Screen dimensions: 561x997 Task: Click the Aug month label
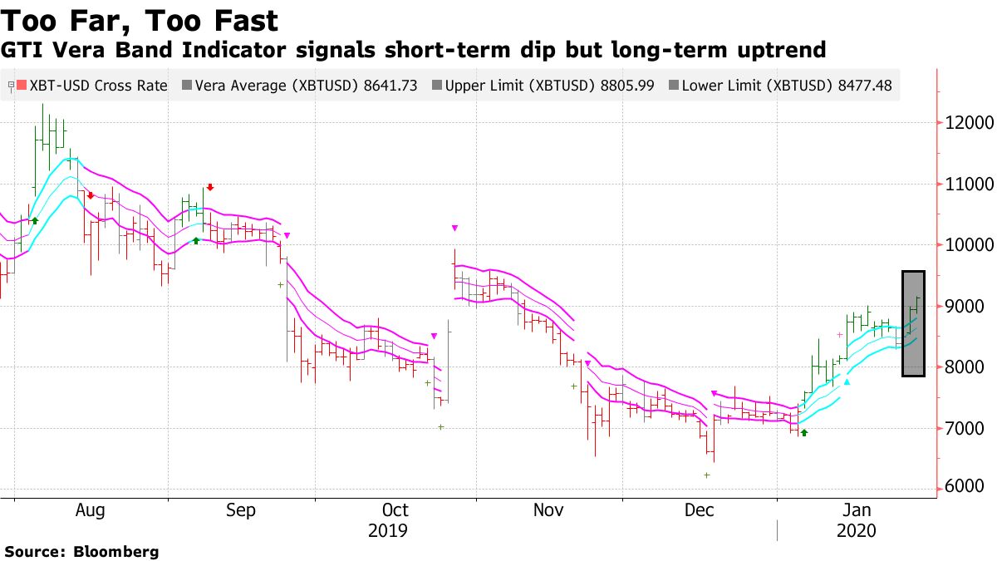90,511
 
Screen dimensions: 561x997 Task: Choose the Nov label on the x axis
548,511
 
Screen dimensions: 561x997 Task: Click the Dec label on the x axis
700,511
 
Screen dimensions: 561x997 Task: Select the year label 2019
388,531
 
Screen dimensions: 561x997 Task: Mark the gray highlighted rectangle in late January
913,323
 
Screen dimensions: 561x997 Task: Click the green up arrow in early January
803,432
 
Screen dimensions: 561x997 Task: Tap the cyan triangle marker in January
847,381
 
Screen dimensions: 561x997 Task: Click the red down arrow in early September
210,187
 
